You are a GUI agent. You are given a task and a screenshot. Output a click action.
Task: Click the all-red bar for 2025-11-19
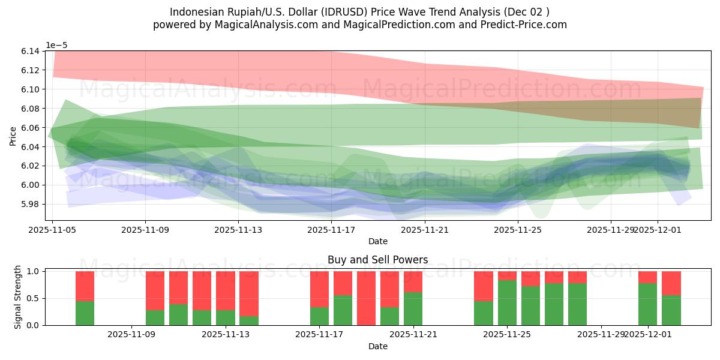click(366, 298)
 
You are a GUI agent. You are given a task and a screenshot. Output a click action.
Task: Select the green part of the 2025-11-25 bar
click(507, 303)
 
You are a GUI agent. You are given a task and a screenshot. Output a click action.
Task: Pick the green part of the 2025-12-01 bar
click(648, 304)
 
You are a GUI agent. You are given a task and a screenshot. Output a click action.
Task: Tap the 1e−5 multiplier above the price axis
click(58, 45)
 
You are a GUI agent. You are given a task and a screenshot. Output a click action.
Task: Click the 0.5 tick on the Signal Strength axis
click(34, 298)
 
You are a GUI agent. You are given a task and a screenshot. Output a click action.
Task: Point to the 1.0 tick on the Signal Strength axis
click(34, 271)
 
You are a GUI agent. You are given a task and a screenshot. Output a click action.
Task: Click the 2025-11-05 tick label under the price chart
click(53, 229)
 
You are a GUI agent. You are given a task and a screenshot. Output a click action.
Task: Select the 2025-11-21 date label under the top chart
click(425, 229)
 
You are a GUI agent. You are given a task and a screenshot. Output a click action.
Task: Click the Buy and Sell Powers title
click(377, 260)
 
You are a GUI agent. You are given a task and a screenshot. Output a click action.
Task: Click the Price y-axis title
click(13, 137)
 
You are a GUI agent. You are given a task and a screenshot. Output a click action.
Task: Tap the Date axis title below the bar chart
click(377, 346)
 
